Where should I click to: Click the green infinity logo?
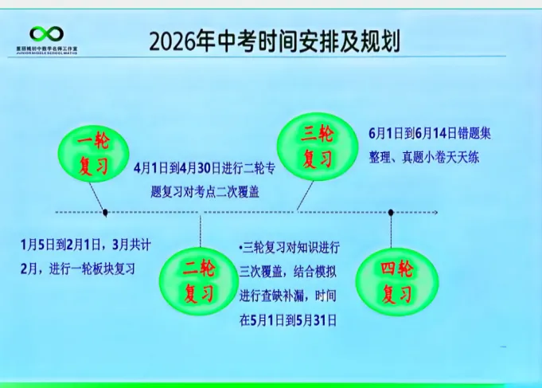(x=46, y=33)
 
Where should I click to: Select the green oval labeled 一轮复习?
(x=95, y=155)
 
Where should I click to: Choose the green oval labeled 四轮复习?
(x=396, y=281)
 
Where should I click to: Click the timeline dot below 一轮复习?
(x=105, y=212)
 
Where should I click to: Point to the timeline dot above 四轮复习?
(x=391, y=212)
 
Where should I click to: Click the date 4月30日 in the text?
(x=201, y=168)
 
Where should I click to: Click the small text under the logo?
(x=46, y=50)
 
